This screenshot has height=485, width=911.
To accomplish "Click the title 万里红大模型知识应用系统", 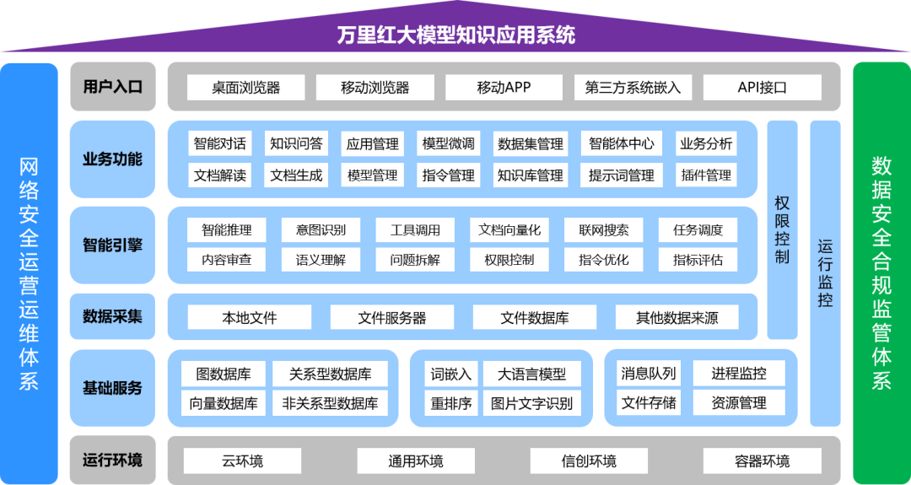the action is click(x=456, y=35).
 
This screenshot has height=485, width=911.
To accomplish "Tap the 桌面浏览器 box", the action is click(x=246, y=88).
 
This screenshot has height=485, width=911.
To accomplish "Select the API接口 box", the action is click(x=763, y=88).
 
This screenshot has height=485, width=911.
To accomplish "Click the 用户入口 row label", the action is click(x=113, y=87).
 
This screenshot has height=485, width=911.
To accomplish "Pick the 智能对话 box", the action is click(x=220, y=143).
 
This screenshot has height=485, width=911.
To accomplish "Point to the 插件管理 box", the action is click(x=706, y=175).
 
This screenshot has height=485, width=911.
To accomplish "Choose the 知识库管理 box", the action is click(x=531, y=175).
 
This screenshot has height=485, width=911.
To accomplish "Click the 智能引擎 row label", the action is click(x=113, y=245).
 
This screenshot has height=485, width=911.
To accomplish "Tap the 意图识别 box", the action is click(x=321, y=230).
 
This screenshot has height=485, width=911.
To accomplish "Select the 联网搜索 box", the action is click(x=604, y=230).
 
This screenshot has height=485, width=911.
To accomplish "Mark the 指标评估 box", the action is click(x=698, y=260).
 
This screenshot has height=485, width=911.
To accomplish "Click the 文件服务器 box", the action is click(x=392, y=317).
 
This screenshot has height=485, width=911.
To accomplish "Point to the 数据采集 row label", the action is click(x=113, y=316).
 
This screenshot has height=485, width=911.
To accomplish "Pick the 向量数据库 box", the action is click(x=224, y=402).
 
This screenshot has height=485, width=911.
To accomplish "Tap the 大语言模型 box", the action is click(x=531, y=374).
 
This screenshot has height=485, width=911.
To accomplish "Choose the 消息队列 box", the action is click(x=649, y=374).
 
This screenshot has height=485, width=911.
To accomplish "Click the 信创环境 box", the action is click(x=589, y=461).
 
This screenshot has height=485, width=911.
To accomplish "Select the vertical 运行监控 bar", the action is click(x=826, y=273).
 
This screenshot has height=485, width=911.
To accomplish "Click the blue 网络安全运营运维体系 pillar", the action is click(x=29, y=273).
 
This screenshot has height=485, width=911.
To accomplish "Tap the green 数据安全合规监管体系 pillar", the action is click(x=881, y=273).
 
